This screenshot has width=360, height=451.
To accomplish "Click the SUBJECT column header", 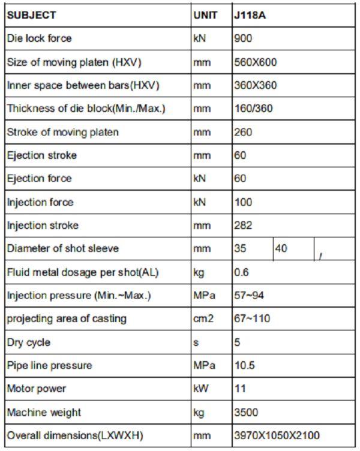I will coord(31,15).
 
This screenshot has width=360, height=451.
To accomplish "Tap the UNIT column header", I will coord(205,15).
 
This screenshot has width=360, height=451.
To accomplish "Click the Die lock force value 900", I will coord(243,38).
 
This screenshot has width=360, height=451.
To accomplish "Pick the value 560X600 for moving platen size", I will coord(255,62).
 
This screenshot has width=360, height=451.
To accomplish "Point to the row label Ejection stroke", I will coord(42,155).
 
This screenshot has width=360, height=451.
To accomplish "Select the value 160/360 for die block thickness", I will coord(253,109).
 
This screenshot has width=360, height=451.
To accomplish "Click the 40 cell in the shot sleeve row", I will coord(281,248).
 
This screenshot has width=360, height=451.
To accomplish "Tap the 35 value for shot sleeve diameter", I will coord(240,248).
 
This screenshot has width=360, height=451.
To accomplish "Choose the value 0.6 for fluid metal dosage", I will coord(241,272).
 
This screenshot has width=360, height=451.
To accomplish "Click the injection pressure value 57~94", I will coord(248,296).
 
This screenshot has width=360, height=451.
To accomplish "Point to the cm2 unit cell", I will coord(203,319).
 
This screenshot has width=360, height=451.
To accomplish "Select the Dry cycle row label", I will coord(29,342).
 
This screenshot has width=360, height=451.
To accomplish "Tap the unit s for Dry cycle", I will coord(196,342).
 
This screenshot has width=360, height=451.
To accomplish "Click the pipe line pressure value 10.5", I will coord(244,365).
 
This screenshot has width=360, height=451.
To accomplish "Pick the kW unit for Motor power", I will coord(201,389).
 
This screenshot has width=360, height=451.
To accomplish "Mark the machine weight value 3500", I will coord(246,413).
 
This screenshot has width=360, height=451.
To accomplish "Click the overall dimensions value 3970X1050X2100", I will coord(277,435).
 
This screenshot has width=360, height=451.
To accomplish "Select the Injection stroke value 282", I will coord(243,225).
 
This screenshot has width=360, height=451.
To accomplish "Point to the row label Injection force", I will coord(40,202).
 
